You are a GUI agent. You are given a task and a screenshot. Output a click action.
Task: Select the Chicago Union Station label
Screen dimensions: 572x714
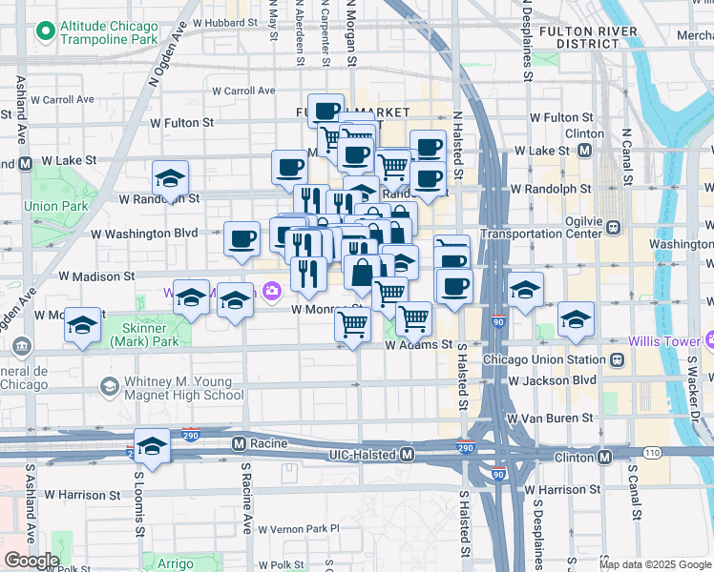[x=543, y=359]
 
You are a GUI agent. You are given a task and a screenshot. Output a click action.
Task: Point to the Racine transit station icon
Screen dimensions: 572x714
[x=240, y=443]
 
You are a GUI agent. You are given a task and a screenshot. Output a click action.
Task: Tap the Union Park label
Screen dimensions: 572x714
[x=43, y=205]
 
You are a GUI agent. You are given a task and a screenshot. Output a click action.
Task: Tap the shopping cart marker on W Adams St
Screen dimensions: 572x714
[x=353, y=327]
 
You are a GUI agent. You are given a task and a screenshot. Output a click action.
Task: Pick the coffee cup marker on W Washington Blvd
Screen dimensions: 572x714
[x=242, y=239]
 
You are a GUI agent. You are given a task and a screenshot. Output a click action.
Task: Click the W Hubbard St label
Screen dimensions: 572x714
[x=224, y=21]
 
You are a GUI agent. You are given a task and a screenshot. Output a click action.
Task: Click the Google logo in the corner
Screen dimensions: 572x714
[x=31, y=561]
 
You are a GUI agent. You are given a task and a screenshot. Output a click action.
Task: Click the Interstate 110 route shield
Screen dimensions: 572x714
[x=652, y=452]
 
